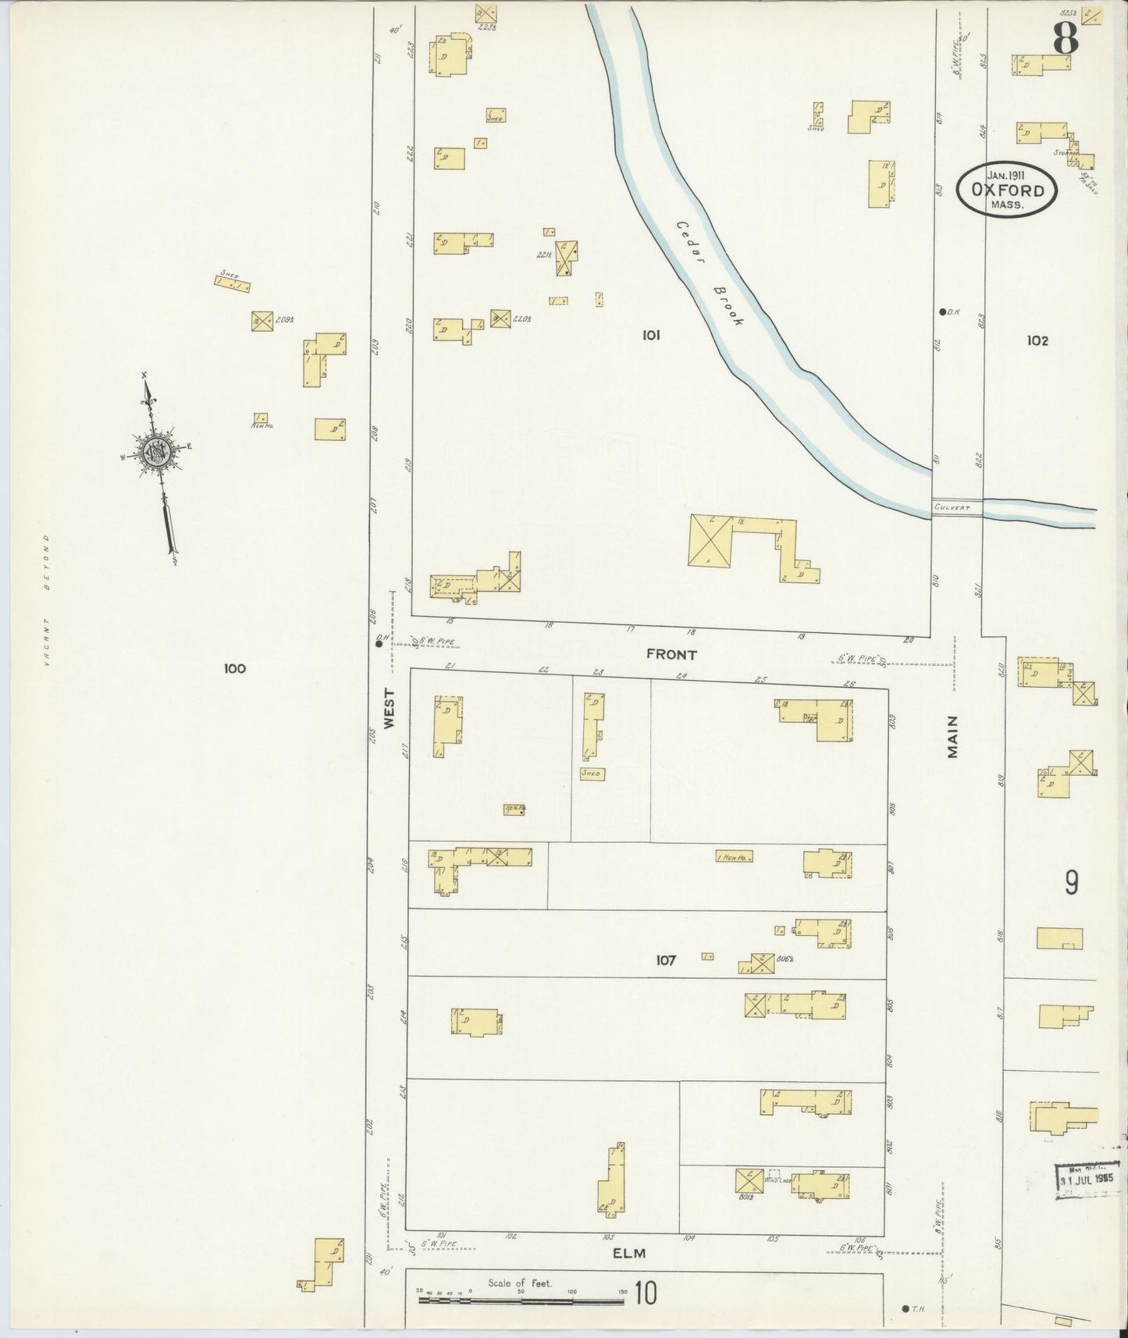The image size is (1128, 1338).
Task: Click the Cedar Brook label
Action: (710, 272)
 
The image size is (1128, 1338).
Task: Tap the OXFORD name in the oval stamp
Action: (1008, 190)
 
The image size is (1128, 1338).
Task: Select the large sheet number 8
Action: (1066, 37)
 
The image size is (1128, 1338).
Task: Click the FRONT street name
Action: (671, 654)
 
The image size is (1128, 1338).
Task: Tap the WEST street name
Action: (390, 708)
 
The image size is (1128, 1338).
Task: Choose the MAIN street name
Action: (952, 737)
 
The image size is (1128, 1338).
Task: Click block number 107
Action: (665, 960)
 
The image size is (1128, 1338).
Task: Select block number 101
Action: (651, 335)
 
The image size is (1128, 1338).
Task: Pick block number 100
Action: (234, 668)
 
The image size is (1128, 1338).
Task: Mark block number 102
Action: (1037, 340)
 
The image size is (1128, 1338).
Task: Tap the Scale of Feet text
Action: (519, 1283)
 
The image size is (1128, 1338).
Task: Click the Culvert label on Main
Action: (952, 508)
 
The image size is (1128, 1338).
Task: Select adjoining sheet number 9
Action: (1072, 883)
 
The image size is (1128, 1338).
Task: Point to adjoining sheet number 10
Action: (645, 1294)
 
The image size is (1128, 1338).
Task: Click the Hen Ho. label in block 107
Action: (734, 856)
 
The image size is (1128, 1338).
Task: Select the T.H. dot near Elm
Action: (904, 1308)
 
